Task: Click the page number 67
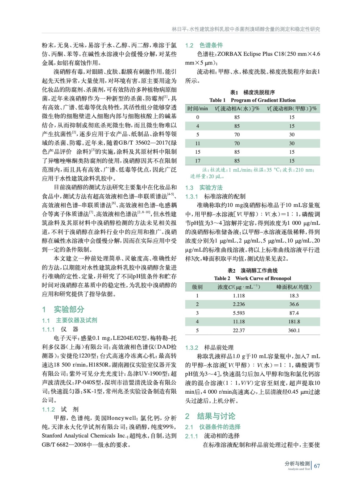[x=317, y=466]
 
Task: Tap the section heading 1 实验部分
[x=63, y=309]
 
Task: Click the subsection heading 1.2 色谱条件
[x=204, y=45]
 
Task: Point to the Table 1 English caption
[x=252, y=100]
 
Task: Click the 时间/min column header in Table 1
[x=198, y=108]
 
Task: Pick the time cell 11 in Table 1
[x=198, y=143]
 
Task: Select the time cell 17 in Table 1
[x=198, y=161]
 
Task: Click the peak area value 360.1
[x=294, y=330]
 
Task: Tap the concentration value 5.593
[x=239, y=313]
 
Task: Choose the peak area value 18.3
[x=294, y=296]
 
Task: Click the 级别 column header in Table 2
[x=197, y=287]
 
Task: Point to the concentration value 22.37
[x=239, y=330]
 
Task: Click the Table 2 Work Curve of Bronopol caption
[x=253, y=278]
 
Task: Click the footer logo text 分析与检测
[x=297, y=464]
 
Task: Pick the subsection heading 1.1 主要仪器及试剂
[x=70, y=320]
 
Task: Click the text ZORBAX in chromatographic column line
[x=230, y=54]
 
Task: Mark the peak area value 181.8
[x=294, y=322]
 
